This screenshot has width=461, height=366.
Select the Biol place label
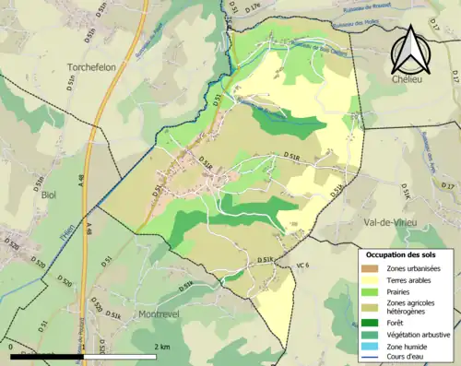point(49,195)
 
